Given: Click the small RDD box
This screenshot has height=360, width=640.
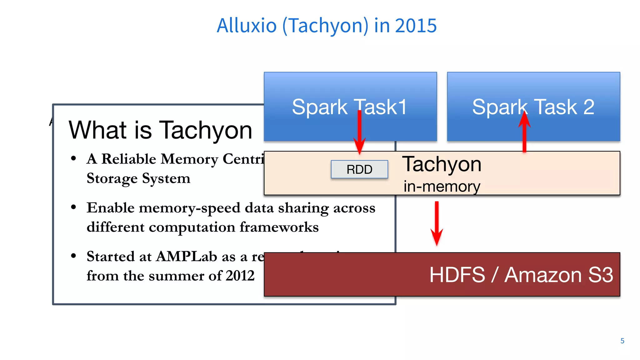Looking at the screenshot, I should (x=359, y=169).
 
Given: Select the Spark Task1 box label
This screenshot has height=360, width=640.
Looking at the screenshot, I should (x=349, y=107).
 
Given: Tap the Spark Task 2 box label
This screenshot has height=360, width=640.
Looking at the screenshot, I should (x=533, y=107).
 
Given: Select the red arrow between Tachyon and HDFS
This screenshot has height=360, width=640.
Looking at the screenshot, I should (x=437, y=223).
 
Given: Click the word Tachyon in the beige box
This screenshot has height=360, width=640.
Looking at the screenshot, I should (x=442, y=164).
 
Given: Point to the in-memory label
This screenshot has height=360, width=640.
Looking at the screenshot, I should (x=442, y=187).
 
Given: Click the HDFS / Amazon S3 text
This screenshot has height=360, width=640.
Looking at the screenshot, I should (x=521, y=275).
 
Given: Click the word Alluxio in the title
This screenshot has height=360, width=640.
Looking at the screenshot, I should (x=247, y=26).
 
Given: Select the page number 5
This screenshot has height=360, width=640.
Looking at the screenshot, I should (x=622, y=341).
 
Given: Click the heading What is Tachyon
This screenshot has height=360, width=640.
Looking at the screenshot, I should (x=160, y=130).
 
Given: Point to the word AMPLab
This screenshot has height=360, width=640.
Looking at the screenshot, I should (x=187, y=257).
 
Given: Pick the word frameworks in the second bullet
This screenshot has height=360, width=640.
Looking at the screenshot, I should (x=279, y=227).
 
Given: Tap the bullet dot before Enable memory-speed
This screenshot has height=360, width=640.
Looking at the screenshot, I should (x=73, y=207).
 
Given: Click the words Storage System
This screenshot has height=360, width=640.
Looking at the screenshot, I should (x=138, y=178).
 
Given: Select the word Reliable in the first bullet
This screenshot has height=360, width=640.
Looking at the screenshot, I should (x=129, y=159).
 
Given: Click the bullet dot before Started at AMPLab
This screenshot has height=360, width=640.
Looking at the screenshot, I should (x=73, y=256).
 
